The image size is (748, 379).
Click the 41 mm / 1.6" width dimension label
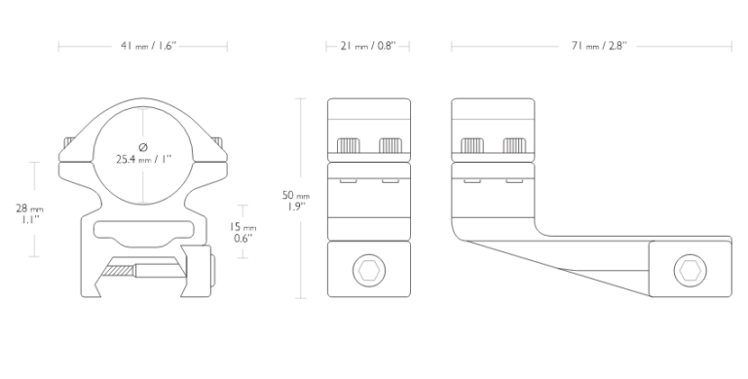(x=148, y=46)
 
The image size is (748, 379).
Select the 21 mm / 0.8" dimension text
(x=368, y=46)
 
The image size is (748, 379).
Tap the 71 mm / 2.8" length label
(x=599, y=46)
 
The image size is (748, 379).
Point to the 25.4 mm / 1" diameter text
(x=143, y=159)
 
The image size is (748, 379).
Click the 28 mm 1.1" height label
(x=29, y=213)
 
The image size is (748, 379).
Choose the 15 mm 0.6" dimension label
(x=243, y=233)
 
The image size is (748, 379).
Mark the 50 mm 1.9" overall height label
(x=296, y=201)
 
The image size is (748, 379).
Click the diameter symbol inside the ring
(x=143, y=146)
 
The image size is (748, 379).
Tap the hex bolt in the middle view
(x=369, y=271)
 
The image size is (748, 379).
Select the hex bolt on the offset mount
(x=690, y=271)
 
